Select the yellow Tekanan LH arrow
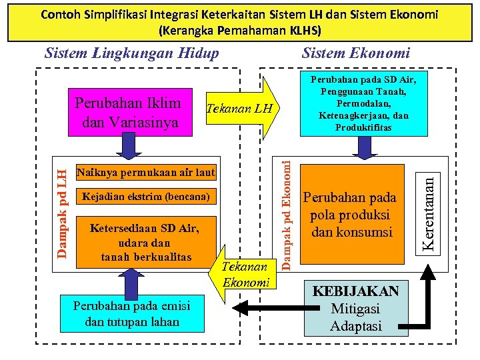tap(240, 109)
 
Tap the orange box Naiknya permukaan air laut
tap(146, 173)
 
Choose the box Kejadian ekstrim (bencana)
tap(146, 197)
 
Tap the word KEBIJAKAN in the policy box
tap(356, 292)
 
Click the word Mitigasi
tap(355, 309)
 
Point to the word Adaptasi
tap(355, 326)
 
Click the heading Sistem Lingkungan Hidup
tap(131, 53)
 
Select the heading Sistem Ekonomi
tap(356, 53)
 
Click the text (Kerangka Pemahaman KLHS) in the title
tap(240, 31)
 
